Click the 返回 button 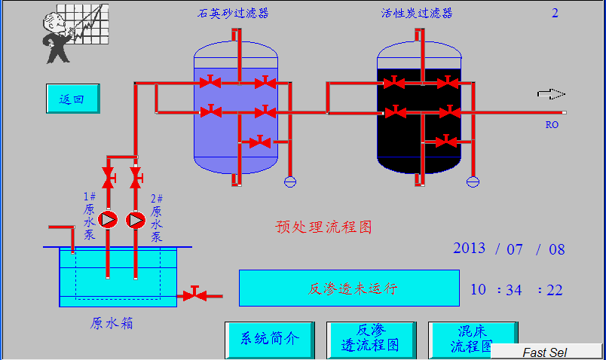[73, 99]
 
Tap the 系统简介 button [270, 339]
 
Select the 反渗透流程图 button [371, 339]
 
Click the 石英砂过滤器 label [233, 13]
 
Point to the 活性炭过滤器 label [417, 13]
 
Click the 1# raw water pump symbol [108, 219]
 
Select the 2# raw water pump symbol [136, 220]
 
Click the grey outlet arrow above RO [551, 94]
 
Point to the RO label [552, 125]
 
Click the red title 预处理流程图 [323, 227]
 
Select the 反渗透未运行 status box [350, 288]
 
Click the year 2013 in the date [469, 249]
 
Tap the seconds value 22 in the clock [555, 290]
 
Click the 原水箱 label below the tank [112, 323]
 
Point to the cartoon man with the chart [75, 34]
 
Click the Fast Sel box [546, 352]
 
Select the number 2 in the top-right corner [555, 13]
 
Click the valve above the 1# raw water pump [108, 178]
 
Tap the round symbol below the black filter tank [473, 182]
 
